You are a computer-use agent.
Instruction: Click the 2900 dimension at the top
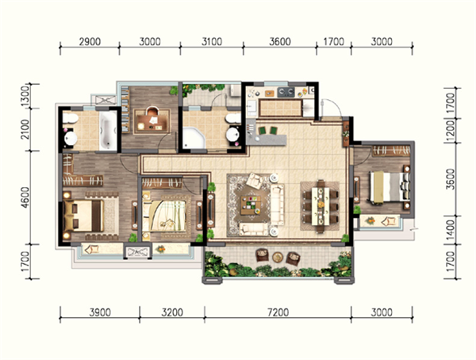point(90,41)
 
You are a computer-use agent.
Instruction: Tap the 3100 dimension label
point(212,41)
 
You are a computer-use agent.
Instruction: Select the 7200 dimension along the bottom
point(278,312)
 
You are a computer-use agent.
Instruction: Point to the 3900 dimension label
point(100,312)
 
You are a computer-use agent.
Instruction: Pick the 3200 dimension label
point(172,312)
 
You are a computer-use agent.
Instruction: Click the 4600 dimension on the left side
point(26,197)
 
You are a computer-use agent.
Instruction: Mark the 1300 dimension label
point(26,96)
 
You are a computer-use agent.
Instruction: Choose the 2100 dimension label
point(26,129)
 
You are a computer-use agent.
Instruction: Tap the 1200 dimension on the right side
point(451,131)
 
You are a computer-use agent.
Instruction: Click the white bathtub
point(108,131)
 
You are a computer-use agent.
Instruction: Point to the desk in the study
point(152,122)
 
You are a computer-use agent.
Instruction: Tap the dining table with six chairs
point(320,206)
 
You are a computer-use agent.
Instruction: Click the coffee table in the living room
point(251,205)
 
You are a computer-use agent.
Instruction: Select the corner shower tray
point(194,138)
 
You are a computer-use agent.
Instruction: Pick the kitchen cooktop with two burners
point(286,92)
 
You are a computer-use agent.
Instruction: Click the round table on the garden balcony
point(278,257)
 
